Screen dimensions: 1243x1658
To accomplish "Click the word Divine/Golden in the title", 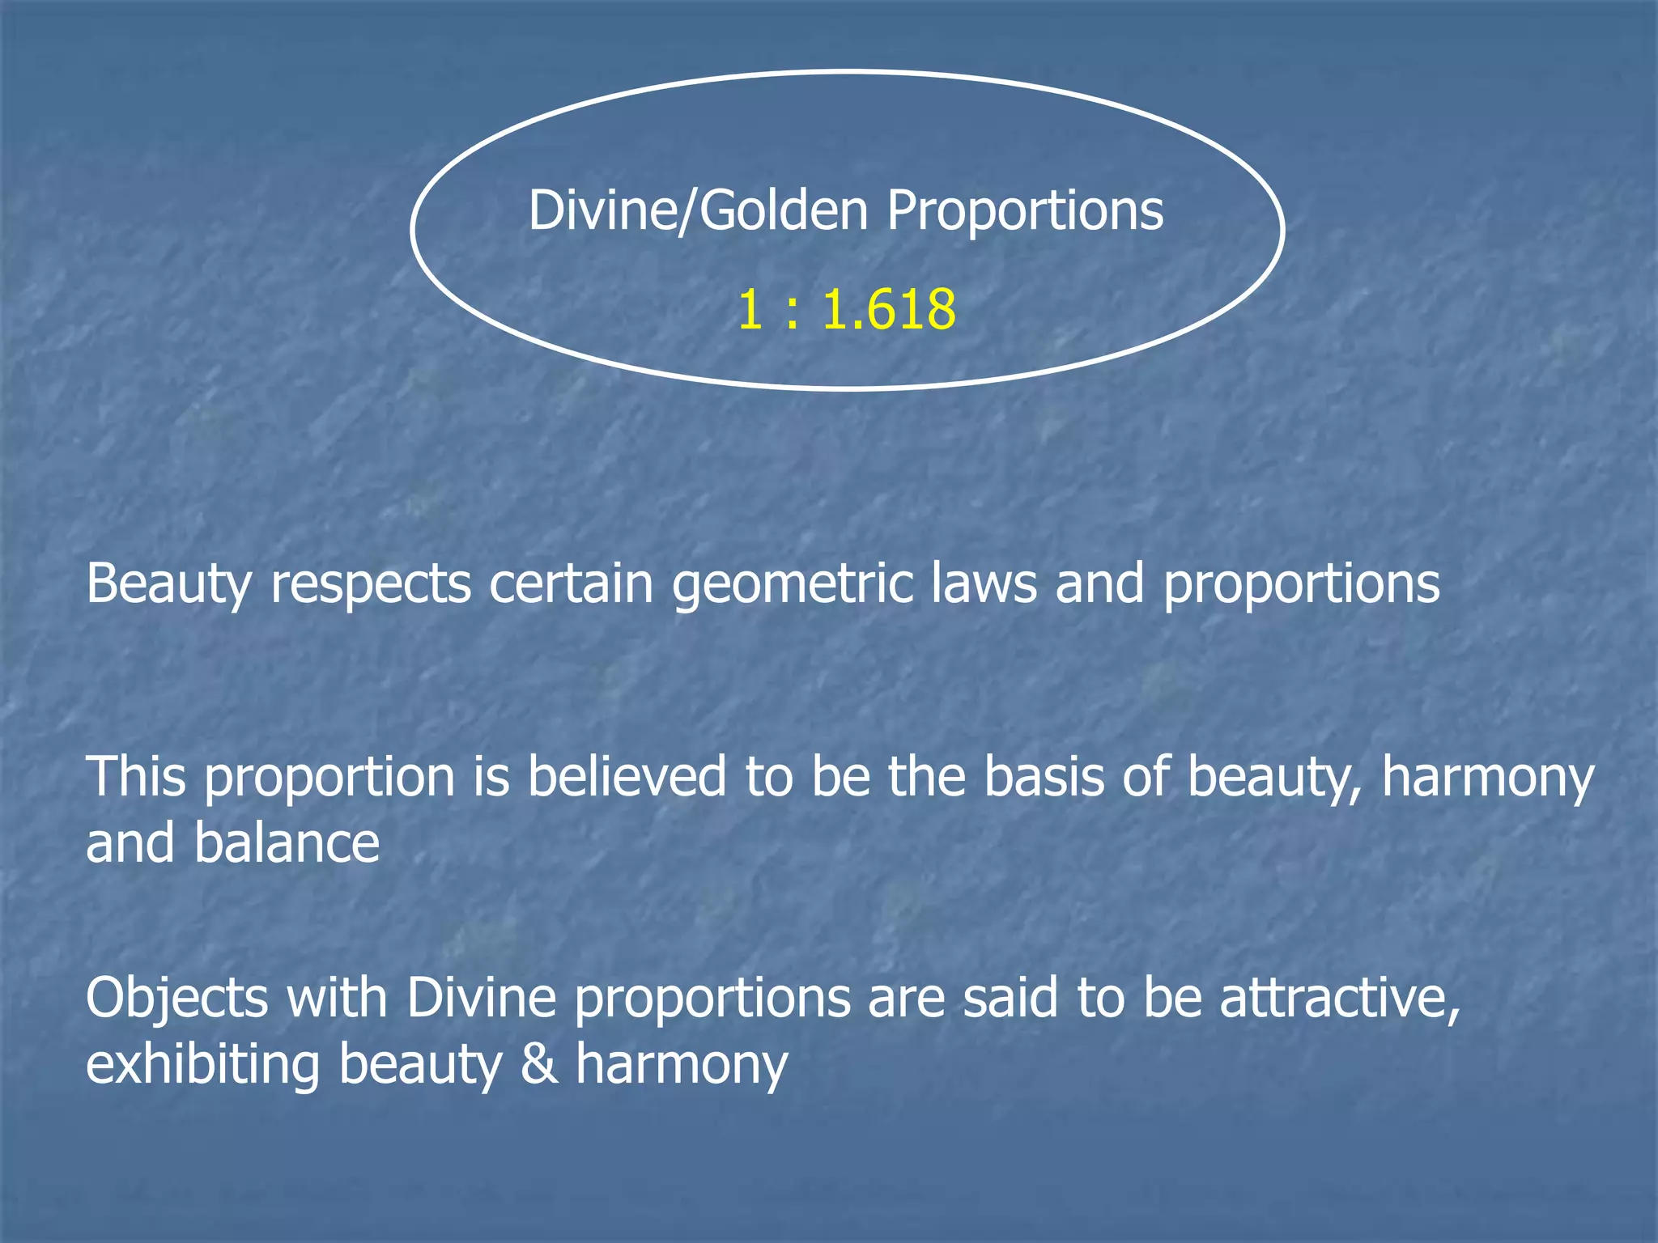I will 697,212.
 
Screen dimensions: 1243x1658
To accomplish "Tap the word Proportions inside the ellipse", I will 1024,212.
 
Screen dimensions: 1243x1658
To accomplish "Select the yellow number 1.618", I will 889,311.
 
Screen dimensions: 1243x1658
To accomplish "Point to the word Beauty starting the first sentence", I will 168,584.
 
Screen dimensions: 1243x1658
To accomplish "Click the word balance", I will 286,843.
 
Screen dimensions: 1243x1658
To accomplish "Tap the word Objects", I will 176,999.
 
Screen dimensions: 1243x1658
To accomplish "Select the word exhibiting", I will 202,1065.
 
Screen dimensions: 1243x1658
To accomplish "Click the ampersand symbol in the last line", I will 539,1065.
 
